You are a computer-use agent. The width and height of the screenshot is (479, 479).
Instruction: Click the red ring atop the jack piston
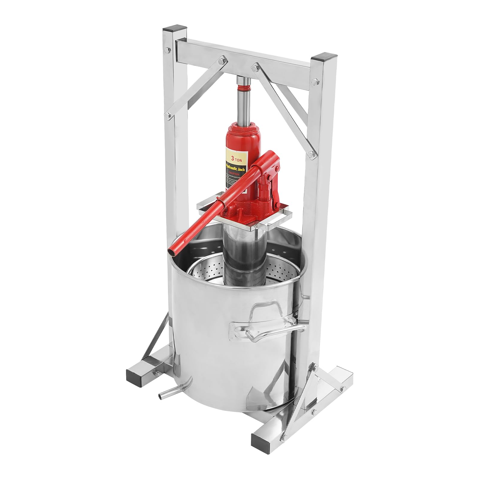click(244, 89)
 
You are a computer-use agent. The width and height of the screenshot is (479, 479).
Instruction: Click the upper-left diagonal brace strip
click(195, 87)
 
